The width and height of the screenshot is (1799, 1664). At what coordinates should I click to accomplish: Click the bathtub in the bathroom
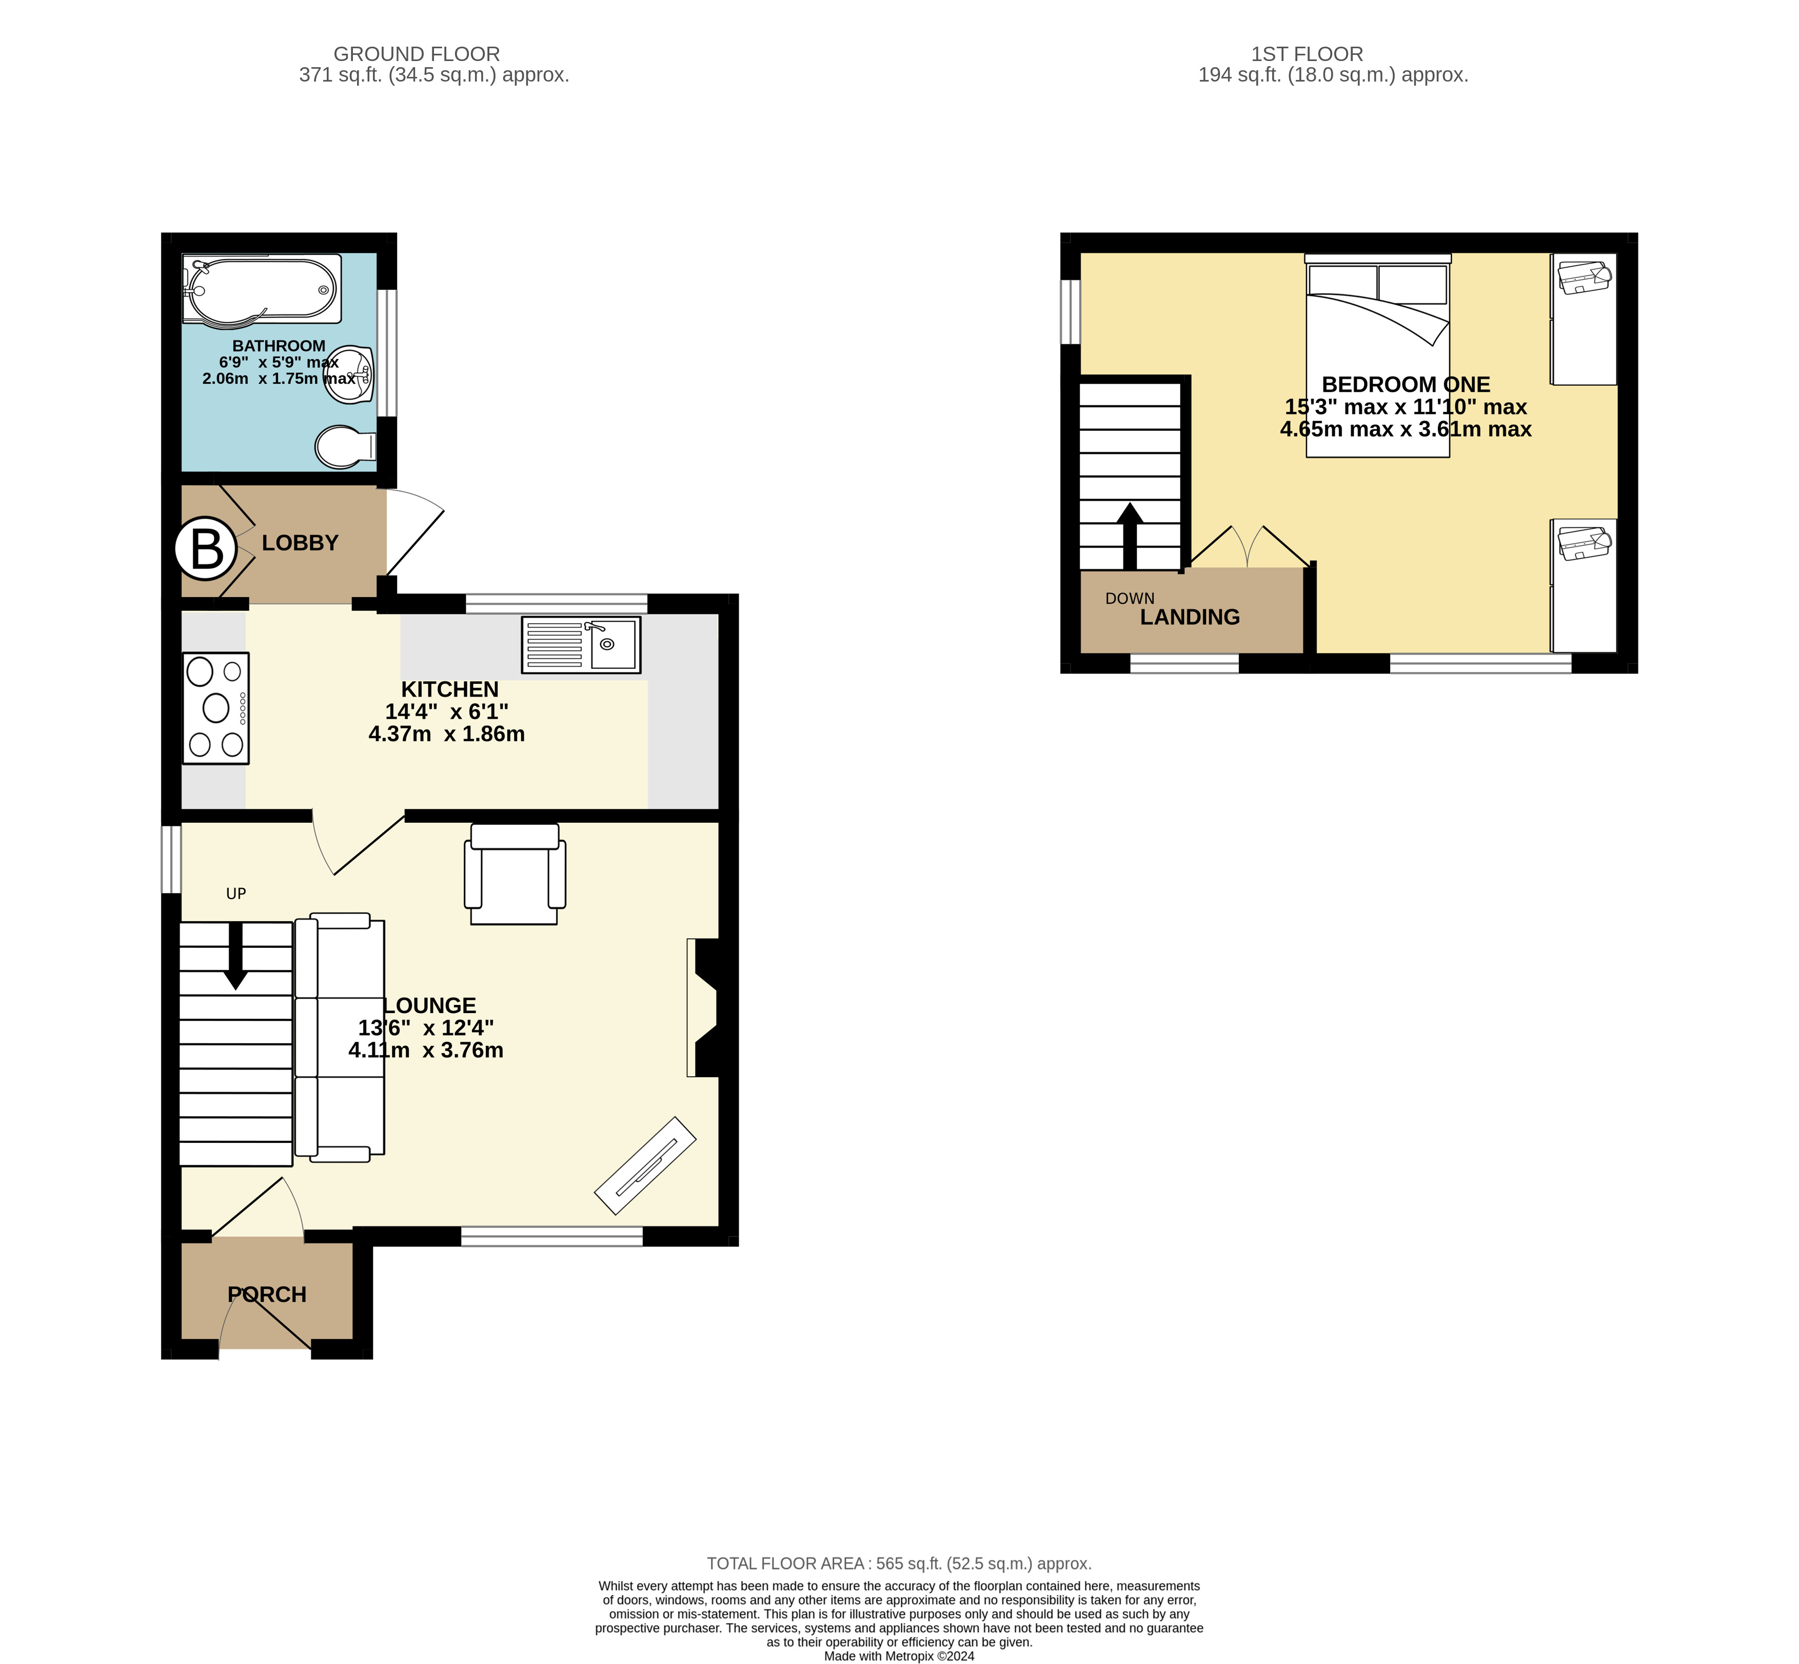click(x=261, y=288)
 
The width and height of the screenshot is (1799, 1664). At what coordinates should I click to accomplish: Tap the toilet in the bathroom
click(x=344, y=447)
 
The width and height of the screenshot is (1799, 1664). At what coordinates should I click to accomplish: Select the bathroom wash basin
click(x=352, y=373)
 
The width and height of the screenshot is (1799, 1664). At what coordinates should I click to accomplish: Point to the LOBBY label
click(x=300, y=543)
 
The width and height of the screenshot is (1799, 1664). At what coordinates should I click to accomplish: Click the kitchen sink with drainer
click(x=581, y=645)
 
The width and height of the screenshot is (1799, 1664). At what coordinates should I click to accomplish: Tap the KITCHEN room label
click(x=449, y=690)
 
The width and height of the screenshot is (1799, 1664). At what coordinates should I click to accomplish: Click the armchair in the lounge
click(x=514, y=874)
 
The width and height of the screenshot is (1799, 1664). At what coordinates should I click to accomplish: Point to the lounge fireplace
click(x=705, y=1007)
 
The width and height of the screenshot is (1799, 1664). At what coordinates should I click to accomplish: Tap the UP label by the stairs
click(x=236, y=893)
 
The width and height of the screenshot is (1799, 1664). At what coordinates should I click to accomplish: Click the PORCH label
click(x=267, y=1294)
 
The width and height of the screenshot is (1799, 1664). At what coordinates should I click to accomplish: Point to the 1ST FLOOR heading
click(x=1307, y=54)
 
